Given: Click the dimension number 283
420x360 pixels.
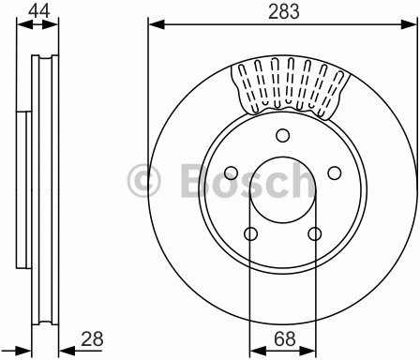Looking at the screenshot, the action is [x=284, y=11].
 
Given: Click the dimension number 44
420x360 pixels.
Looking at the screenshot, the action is [x=39, y=11].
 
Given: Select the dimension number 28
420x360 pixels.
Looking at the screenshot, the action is [x=92, y=338].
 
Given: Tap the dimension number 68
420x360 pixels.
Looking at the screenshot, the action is [x=285, y=338].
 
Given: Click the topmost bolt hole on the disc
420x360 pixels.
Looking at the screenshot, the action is [x=283, y=136].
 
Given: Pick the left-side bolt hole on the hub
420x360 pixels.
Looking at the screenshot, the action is [x=232, y=172].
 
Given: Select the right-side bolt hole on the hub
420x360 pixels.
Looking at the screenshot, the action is [x=335, y=172].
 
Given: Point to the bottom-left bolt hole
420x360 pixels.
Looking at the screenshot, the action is [x=250, y=233].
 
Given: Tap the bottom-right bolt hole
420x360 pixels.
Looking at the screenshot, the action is [x=315, y=233].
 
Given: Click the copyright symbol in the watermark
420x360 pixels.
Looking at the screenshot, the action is [x=144, y=180].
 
